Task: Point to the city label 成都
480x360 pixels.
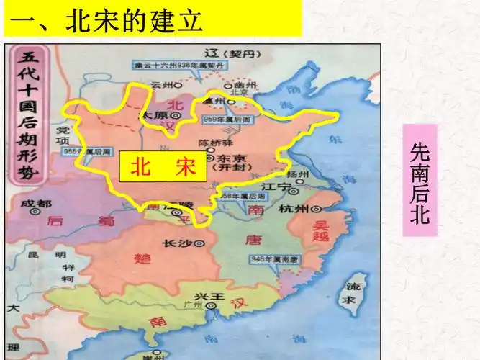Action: [x=31, y=204]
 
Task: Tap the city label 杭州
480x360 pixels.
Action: [x=293, y=209]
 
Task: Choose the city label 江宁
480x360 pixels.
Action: [x=274, y=187]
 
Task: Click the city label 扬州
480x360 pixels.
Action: [x=296, y=174]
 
